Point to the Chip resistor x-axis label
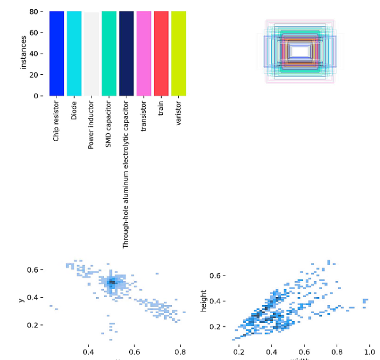56,122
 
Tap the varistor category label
178,115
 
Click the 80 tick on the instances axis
34,11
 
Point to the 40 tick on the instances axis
34,54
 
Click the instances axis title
23,53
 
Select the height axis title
203,300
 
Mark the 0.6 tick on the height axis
215,275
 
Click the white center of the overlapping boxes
300,51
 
